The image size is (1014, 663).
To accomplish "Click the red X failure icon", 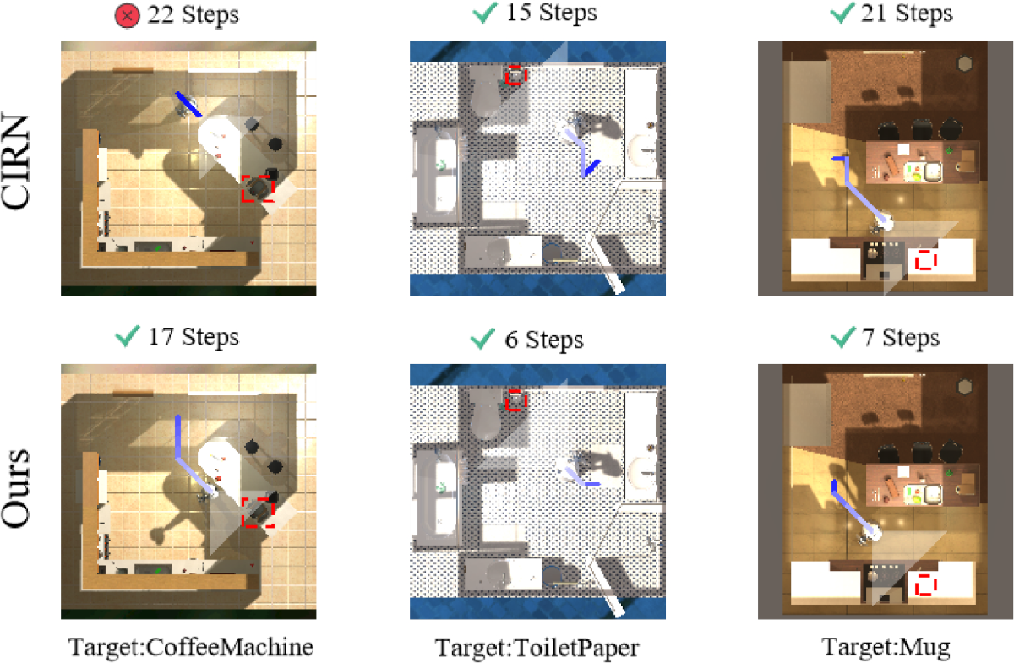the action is coord(128,16).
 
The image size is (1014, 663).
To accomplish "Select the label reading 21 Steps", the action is coord(907,14).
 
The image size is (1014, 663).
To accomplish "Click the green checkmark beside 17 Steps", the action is coord(128,337).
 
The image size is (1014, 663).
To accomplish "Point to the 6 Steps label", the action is coord(543,340).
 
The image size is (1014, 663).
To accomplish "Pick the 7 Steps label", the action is coord(901,338).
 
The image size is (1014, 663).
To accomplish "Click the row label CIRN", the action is coord(15,162).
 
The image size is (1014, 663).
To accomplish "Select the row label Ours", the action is coord(15,489).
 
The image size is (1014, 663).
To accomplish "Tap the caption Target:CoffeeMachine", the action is coord(191,647).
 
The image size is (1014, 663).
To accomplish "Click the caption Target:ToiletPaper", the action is coord(537,648).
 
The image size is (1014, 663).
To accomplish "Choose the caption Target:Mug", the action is coord(886,647).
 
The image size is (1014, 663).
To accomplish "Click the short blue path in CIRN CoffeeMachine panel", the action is coord(188,104).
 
